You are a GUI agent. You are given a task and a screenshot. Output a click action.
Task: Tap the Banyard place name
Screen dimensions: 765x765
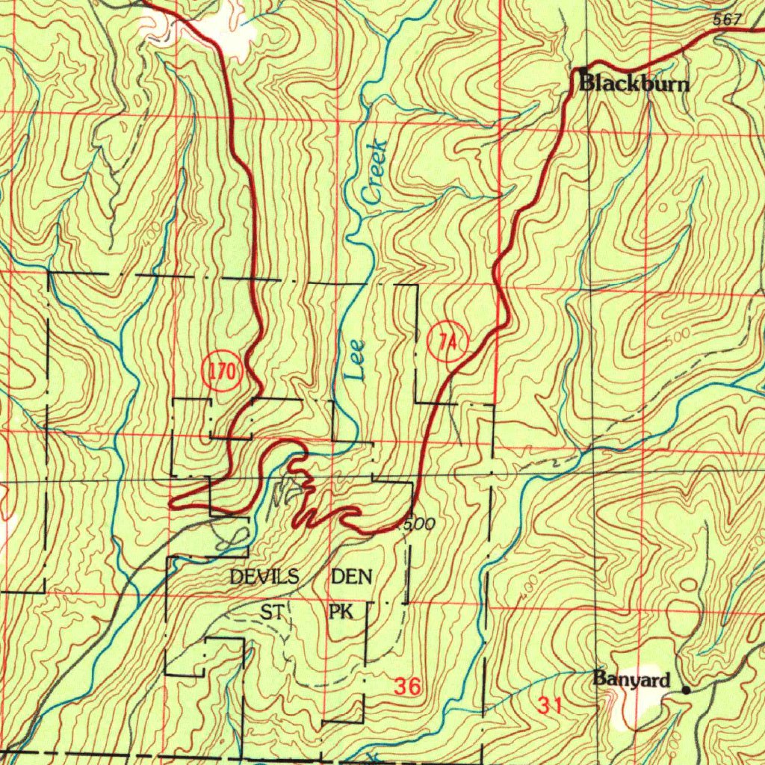click(631, 679)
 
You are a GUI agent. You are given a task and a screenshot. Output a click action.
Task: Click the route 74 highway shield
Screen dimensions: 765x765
click(447, 342)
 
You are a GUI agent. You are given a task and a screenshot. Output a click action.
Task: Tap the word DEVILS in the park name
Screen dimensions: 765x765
click(264, 577)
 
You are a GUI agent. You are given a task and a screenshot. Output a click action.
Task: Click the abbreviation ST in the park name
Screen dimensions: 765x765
click(271, 613)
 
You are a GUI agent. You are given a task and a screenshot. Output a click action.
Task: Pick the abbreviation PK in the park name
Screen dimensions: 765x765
click(341, 613)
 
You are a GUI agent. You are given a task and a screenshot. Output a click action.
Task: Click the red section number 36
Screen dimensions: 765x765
click(407, 686)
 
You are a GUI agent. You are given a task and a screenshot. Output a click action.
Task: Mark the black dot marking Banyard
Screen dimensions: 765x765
click(686, 690)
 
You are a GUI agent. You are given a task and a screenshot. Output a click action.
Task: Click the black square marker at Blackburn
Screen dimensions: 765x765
click(583, 72)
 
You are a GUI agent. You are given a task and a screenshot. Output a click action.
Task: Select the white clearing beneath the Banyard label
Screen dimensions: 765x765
click(635, 706)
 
